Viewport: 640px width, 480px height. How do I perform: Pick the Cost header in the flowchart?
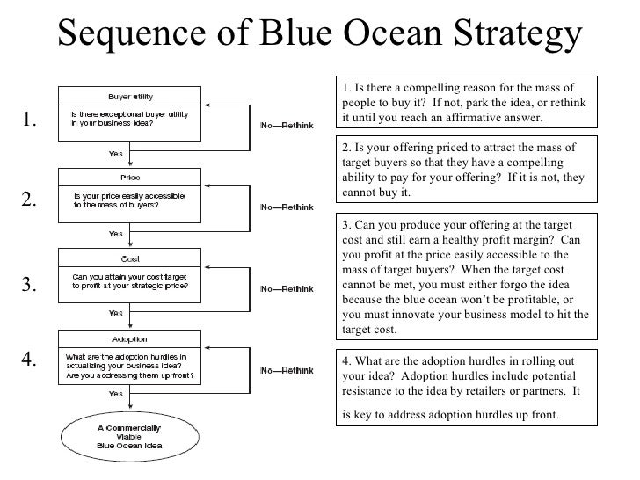click(130, 258)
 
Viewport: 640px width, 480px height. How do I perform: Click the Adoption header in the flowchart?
click(130, 338)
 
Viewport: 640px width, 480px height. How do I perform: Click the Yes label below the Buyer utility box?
click(115, 153)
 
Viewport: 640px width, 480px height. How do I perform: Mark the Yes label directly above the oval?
click(115, 395)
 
